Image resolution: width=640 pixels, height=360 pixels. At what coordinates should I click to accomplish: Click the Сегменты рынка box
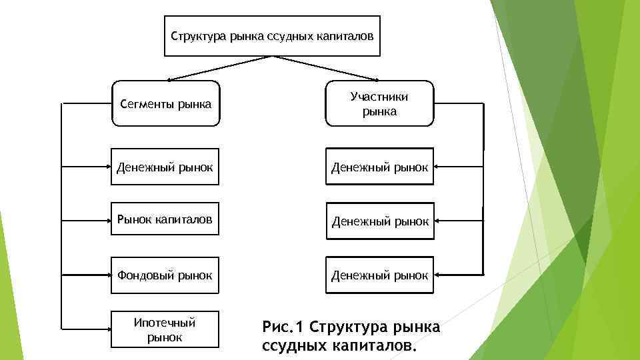point(165,104)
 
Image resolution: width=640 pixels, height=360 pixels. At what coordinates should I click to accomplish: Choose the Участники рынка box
point(379,104)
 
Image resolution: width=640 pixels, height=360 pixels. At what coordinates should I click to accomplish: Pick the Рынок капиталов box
point(165,219)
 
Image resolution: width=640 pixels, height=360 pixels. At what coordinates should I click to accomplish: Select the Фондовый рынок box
point(165,274)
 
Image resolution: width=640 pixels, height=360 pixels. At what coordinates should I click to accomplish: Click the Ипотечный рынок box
point(165,329)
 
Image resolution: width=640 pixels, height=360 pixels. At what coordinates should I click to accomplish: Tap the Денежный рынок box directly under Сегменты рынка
point(165,166)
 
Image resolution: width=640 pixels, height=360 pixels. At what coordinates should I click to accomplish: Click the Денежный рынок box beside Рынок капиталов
point(380,221)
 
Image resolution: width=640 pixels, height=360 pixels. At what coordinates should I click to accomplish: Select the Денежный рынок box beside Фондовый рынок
point(380,275)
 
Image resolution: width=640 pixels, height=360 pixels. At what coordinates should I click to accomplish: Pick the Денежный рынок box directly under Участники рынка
point(380,166)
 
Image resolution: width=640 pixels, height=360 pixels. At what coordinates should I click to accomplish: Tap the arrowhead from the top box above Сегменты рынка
point(169,78)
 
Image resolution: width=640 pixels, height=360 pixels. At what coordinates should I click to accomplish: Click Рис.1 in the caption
point(283,327)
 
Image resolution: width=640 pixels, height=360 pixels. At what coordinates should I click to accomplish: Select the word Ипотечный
point(165,323)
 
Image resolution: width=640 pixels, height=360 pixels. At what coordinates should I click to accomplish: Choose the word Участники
point(379,97)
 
